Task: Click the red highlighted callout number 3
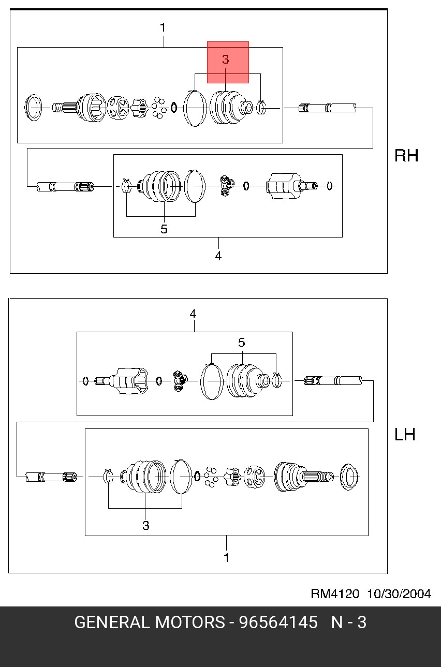click(x=225, y=60)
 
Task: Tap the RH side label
click(x=406, y=155)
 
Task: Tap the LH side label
click(x=405, y=435)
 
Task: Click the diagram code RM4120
click(x=335, y=594)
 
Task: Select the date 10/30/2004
click(x=399, y=594)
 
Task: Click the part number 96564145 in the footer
click(x=278, y=622)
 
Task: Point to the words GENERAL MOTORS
click(x=150, y=622)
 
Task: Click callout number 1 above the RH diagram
click(x=163, y=28)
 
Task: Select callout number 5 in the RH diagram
click(x=164, y=229)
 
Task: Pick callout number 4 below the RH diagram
click(x=218, y=256)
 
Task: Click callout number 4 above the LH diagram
click(x=193, y=314)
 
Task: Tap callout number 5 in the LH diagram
click(x=242, y=343)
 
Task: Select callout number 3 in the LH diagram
click(x=145, y=526)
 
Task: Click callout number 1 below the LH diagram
click(x=226, y=558)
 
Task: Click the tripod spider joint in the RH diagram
click(x=227, y=186)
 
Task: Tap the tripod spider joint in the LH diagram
click(x=180, y=381)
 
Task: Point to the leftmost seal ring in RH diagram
click(x=26, y=107)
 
